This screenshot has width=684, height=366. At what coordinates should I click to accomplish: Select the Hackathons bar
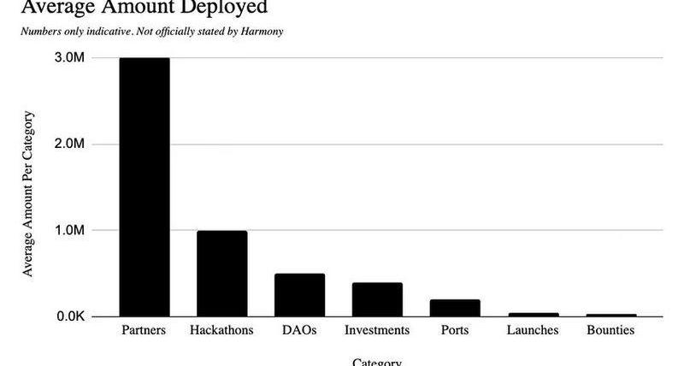221,274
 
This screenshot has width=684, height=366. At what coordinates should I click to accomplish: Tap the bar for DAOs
299,295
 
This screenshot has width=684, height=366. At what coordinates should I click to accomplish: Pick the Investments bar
377,299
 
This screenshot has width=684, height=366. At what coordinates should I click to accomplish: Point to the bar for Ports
455,308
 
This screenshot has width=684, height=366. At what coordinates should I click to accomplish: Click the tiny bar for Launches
533,315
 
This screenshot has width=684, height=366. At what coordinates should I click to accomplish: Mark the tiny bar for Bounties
610,316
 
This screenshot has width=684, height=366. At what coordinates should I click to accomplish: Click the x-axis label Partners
144,330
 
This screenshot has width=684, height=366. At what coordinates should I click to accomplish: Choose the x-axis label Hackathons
221,330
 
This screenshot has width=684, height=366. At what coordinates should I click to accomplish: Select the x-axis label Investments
377,330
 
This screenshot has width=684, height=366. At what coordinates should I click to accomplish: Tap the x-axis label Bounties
610,330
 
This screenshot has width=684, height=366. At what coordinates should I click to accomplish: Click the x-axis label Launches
533,330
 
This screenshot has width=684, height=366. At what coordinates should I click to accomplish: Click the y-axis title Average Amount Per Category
27,192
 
